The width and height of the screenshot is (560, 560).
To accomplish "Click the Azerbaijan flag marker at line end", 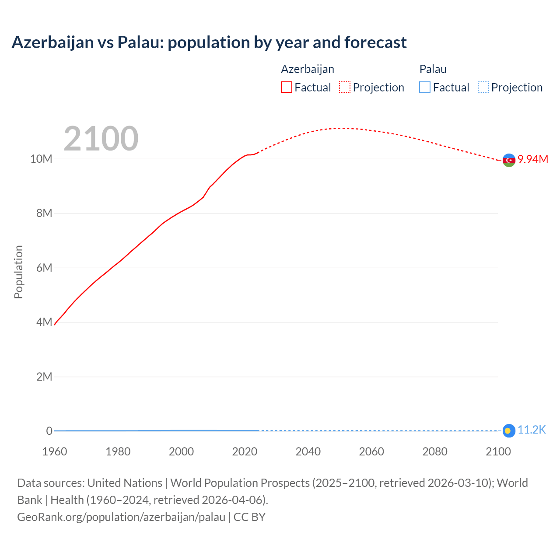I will click(508, 160).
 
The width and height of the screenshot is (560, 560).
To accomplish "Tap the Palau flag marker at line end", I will click(508, 430).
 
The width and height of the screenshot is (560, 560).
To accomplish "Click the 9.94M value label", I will click(533, 159).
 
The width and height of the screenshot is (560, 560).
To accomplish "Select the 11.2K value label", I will click(532, 430).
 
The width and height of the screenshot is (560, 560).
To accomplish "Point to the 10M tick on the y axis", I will click(41, 159).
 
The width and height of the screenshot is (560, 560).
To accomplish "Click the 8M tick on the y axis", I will click(44, 213).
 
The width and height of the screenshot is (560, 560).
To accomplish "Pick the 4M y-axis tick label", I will click(44, 322).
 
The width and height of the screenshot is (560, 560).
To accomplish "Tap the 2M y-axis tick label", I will click(44, 377).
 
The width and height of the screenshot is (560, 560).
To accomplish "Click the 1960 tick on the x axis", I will click(55, 451).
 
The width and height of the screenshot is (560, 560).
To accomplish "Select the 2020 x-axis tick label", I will click(245, 451).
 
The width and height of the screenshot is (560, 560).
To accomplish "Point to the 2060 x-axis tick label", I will click(371, 451).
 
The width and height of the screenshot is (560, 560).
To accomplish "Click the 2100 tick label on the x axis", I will click(498, 451).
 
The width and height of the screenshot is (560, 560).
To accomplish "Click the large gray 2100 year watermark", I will click(101, 139).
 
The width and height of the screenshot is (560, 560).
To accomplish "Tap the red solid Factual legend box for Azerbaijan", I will click(287, 87).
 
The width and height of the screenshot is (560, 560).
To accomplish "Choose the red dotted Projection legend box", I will click(345, 87).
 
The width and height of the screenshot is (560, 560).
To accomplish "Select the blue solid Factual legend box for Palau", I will click(425, 87).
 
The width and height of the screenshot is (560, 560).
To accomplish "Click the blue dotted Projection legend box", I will click(483, 87).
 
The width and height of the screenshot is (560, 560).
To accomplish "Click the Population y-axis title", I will click(18, 272).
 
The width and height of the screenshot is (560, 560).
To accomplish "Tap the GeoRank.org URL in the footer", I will click(121, 517).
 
